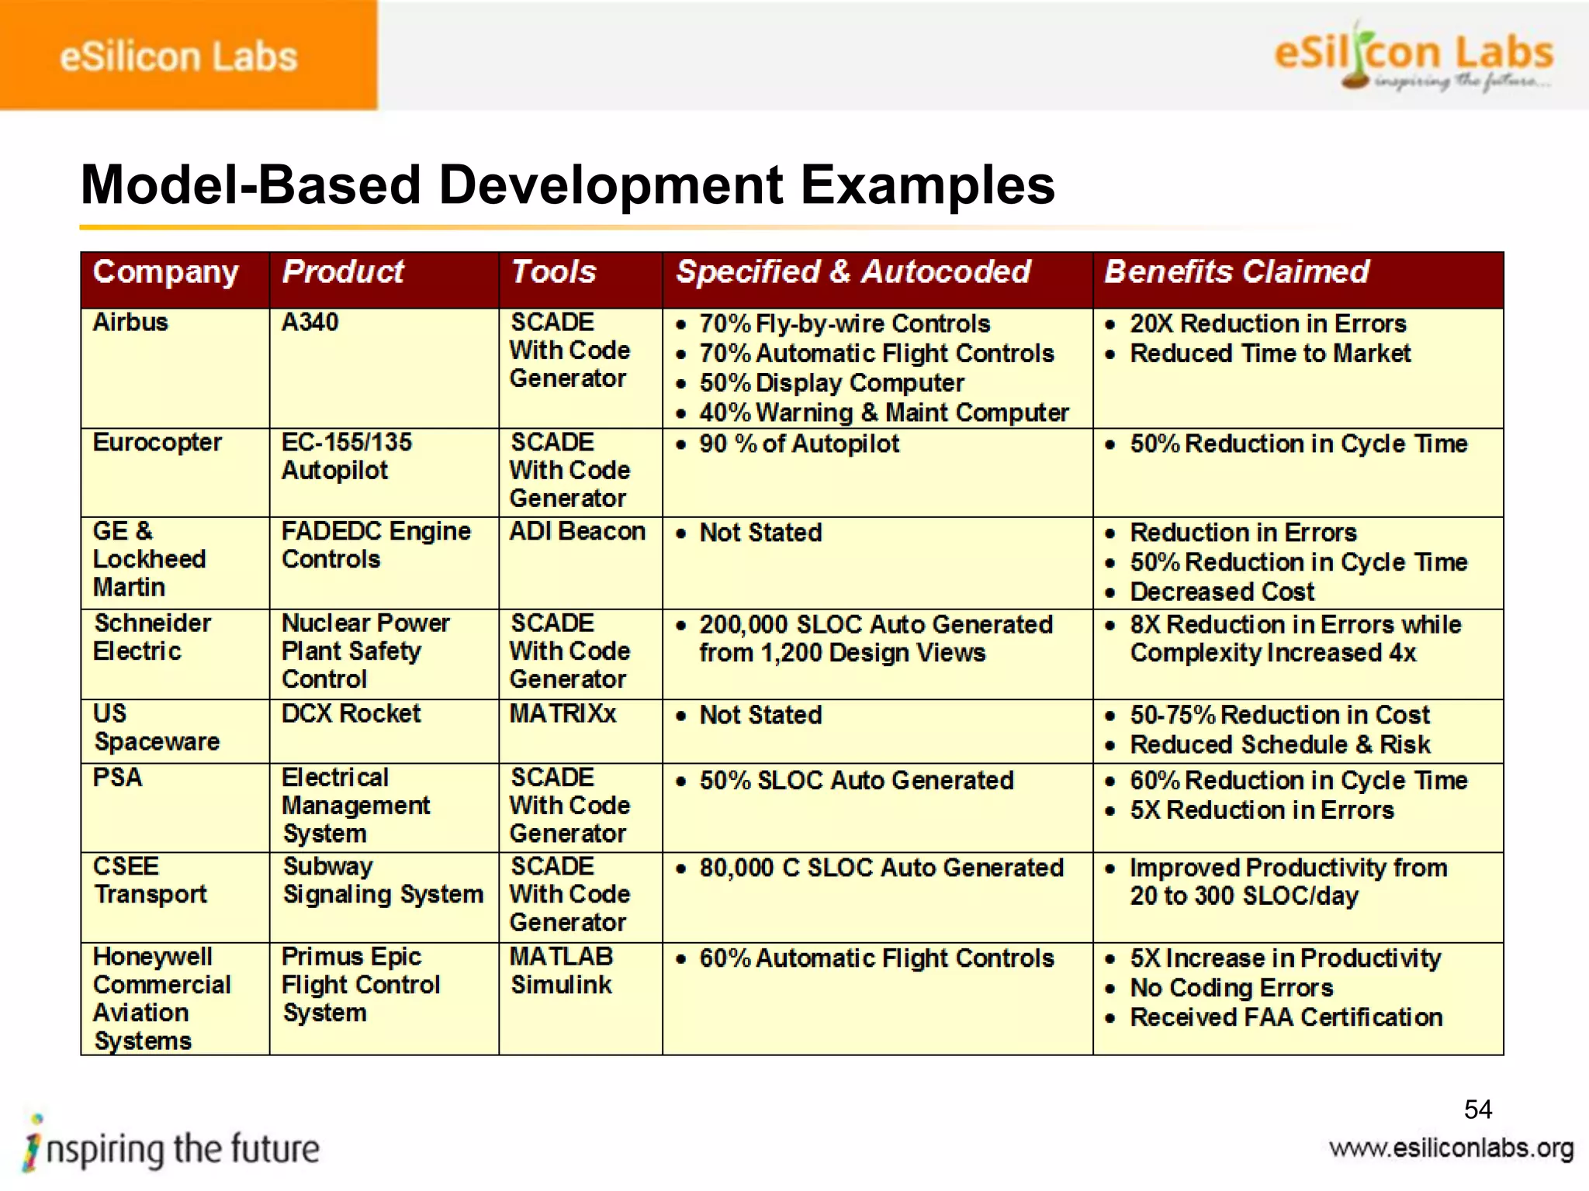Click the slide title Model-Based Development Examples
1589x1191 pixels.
pos(567,185)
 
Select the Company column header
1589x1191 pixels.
pos(165,272)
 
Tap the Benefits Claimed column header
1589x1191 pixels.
pos(1236,272)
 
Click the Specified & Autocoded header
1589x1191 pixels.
pos(853,272)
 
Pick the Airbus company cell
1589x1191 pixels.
pos(130,322)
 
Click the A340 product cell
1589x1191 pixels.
pos(310,322)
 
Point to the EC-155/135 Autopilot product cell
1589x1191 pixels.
pos(346,456)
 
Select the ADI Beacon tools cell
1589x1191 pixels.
pos(577,531)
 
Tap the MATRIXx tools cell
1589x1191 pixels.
pos(563,713)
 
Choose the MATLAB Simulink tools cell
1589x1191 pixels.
pos(561,971)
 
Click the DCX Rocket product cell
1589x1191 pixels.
pos(351,713)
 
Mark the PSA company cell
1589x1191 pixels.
pos(117,777)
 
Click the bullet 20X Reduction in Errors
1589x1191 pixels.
pos(1268,323)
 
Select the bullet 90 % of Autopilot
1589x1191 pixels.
pos(799,444)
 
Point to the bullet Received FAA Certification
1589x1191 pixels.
pos(1286,1017)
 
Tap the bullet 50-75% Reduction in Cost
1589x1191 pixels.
pos(1279,714)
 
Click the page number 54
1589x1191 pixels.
pos(1477,1110)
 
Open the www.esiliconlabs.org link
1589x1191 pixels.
pos(1451,1148)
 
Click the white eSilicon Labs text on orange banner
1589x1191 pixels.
pos(178,57)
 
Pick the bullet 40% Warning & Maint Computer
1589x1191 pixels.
pos(884,413)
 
